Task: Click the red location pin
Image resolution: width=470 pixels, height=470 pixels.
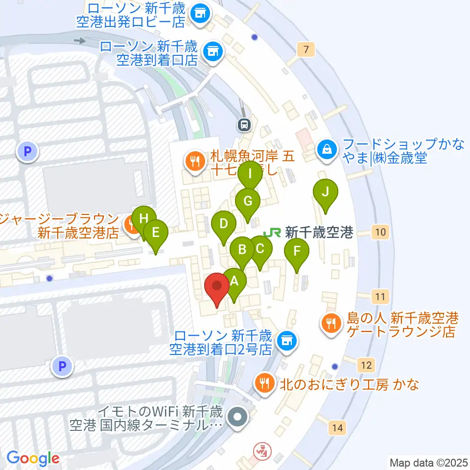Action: tap(217, 288)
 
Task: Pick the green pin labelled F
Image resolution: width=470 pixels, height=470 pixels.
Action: tap(297, 253)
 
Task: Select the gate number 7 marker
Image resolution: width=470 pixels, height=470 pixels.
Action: tap(306, 49)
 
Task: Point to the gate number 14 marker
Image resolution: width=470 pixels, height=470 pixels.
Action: tap(337, 428)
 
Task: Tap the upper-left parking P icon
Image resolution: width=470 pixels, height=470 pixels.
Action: tap(27, 152)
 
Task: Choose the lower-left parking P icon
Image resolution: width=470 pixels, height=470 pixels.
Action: tap(62, 366)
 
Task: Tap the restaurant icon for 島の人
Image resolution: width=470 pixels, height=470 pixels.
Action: tap(331, 323)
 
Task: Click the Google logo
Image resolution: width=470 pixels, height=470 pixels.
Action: tap(33, 458)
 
